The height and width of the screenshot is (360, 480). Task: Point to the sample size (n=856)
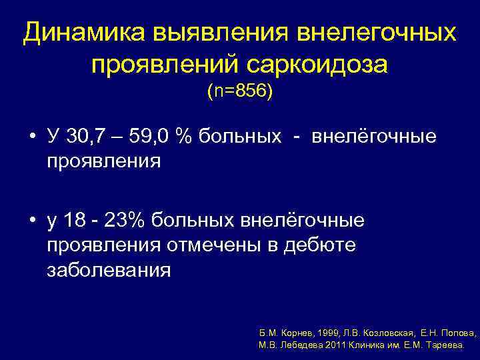point(239,91)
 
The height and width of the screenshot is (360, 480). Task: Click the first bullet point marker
point(32,138)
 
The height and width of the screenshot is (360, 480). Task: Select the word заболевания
point(109,271)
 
